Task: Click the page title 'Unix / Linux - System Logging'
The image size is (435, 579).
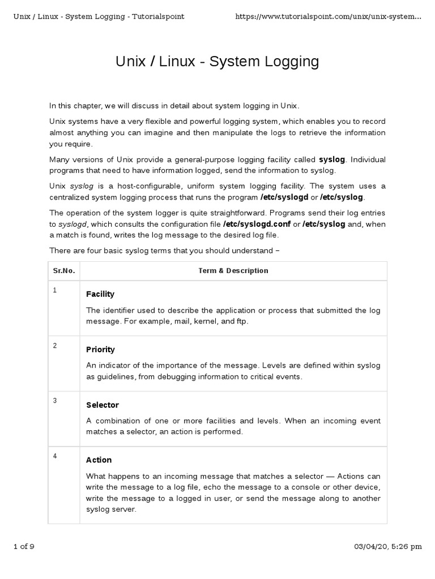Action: coord(217,62)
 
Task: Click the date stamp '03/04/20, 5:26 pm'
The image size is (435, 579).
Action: coord(388,546)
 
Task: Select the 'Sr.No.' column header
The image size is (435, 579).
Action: coord(63,271)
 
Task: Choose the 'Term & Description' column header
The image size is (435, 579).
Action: coord(233,271)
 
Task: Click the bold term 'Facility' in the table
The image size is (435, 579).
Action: coord(100,294)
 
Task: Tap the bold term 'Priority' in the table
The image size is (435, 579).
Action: coord(100,349)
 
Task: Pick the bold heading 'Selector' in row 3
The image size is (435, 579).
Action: coord(103,405)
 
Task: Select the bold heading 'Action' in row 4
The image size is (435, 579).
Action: coord(99,460)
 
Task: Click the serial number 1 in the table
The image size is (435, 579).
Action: coord(55,290)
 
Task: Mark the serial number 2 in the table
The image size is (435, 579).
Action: coord(55,345)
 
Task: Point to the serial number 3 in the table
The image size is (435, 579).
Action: coord(55,401)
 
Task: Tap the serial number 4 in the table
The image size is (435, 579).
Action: coord(55,456)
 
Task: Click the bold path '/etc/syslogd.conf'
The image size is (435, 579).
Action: coord(257,224)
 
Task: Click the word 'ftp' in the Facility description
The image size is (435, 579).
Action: coord(242,321)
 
